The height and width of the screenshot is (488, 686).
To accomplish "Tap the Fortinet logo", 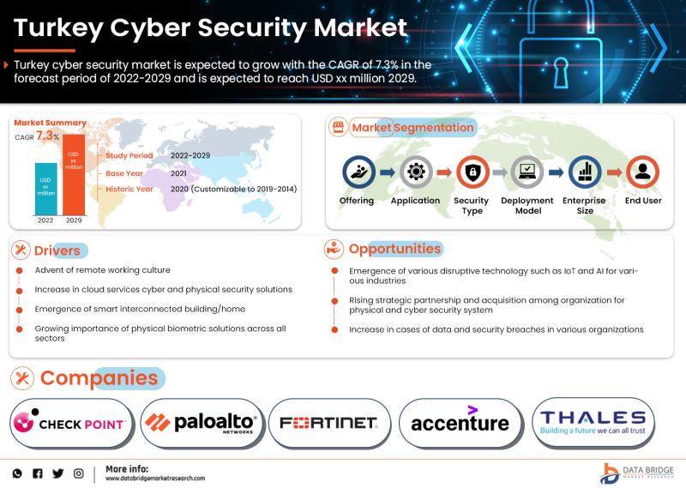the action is point(329,423).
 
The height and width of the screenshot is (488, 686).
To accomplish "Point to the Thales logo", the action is point(593,422).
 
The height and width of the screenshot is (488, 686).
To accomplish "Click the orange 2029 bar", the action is point(74,175).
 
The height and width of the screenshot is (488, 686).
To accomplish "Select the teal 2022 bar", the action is point(46,189).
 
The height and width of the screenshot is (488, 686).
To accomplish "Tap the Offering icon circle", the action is point(358,172).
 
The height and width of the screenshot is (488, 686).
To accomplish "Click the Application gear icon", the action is point(416,172).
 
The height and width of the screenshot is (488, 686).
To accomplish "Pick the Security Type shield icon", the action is point(472,172).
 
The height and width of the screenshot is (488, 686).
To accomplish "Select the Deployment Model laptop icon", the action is point(527,172).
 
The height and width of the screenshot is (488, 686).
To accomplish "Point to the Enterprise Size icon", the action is point(585,172).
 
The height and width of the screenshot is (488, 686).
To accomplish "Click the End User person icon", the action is point(642,172).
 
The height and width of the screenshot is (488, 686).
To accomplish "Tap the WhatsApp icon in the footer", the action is point(17,473).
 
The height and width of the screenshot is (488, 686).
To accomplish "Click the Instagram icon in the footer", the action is point(78,473).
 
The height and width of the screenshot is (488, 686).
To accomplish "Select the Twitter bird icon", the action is point(57,473).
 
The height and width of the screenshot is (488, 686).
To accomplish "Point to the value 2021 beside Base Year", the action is point(178,173).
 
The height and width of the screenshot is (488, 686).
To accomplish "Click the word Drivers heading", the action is point(57,250).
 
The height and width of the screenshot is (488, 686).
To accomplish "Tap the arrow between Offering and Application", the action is point(388,172).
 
